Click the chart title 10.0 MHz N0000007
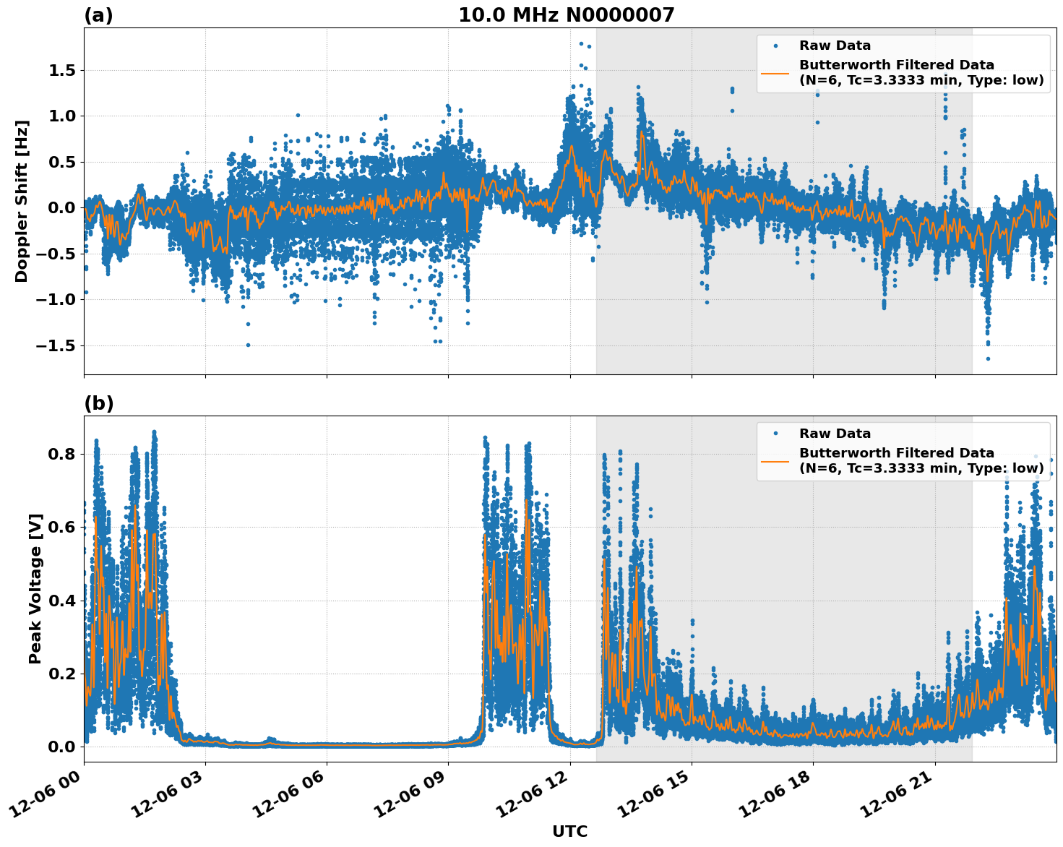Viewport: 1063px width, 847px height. pos(566,15)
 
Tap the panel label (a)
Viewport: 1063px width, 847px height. pos(98,15)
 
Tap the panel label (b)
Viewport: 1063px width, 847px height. pos(98,403)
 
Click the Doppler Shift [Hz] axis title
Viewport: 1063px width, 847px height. pos(22,201)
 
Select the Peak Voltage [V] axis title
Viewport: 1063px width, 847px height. pos(35,588)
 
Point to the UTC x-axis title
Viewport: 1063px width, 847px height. pos(569,831)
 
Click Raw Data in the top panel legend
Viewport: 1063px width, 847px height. pos(835,46)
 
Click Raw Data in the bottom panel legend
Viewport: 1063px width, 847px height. pos(835,434)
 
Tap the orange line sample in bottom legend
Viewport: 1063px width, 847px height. pos(775,460)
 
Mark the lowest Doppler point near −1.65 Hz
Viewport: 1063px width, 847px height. pos(988,358)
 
